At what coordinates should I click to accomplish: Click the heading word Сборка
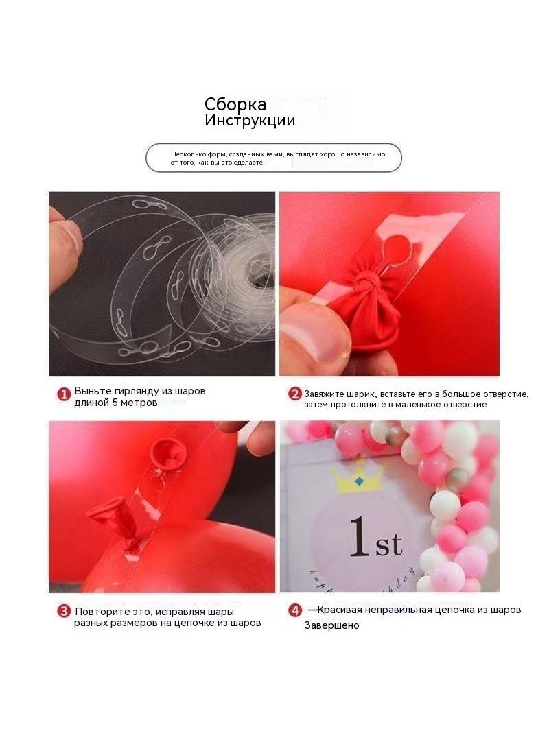coord(235,104)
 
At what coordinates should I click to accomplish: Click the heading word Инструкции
coord(250,120)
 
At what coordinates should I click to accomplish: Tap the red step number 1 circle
coord(63,394)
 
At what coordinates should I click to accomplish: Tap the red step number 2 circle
coord(295,394)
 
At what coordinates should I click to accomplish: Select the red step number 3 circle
coord(64,611)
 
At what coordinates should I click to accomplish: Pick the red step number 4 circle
coord(295,610)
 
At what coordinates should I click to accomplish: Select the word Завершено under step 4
coord(331,625)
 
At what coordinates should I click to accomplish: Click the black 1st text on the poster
coord(376,537)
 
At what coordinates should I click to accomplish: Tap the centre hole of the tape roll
coord(261,280)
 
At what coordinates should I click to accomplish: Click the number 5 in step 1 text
coord(115,403)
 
